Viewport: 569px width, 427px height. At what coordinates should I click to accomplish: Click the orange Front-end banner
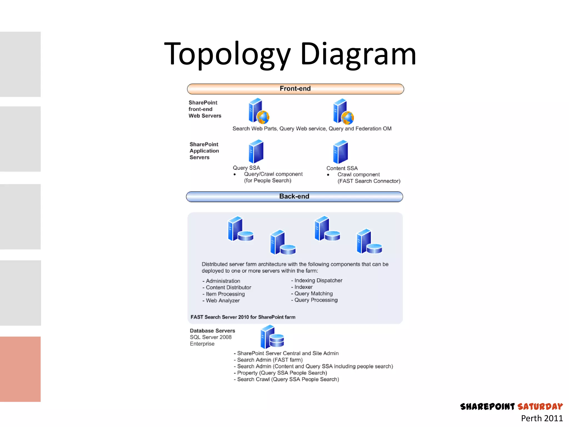(295, 89)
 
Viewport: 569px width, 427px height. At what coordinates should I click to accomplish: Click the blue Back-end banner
(294, 197)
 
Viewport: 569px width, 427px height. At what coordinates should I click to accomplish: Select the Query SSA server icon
(256, 152)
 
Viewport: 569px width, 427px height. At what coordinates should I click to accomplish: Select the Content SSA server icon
(340, 152)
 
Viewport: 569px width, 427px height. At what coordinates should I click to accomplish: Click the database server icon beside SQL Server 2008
(272, 337)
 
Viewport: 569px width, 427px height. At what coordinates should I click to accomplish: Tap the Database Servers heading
(212, 331)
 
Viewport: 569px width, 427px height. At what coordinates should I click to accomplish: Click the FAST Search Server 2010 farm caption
(243, 317)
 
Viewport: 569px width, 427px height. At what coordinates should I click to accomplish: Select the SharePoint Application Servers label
(204, 151)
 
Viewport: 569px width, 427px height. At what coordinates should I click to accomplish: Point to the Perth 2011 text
(541, 418)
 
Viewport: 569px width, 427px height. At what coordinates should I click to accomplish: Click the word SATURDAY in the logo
(540, 407)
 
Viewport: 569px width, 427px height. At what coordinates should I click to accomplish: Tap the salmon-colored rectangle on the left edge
(20, 369)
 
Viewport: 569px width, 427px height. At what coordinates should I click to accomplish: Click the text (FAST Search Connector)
(369, 181)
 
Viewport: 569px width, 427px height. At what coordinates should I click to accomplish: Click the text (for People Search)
(268, 181)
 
